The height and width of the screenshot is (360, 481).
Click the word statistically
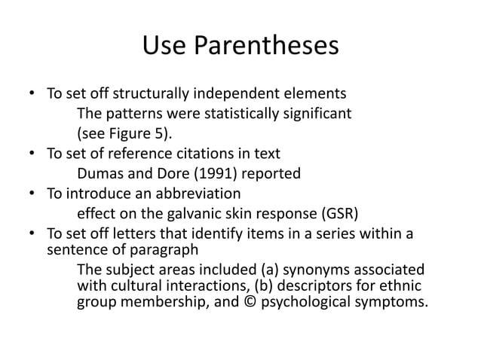click(x=254, y=114)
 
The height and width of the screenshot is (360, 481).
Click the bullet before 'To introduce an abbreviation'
click(x=32, y=193)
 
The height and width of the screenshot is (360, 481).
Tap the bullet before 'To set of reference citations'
click(x=32, y=154)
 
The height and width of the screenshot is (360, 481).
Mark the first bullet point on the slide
click(x=32, y=95)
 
